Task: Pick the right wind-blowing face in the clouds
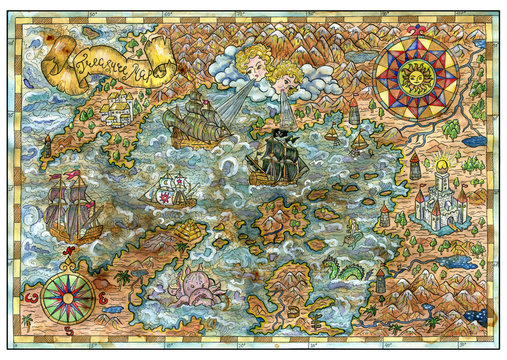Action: (x=284, y=77)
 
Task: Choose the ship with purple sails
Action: (x=72, y=209)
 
